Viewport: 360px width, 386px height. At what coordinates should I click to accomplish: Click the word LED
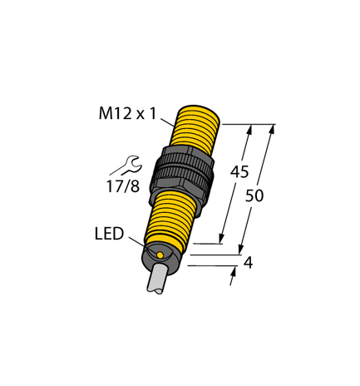coord(107,235)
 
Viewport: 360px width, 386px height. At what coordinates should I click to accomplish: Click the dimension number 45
coord(239,173)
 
